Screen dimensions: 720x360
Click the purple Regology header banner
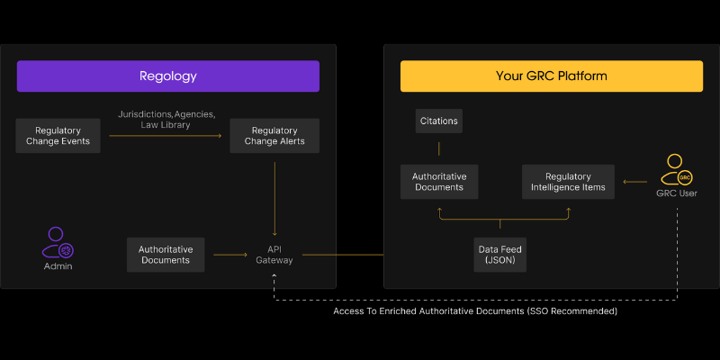tap(168, 76)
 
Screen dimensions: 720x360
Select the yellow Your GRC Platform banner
tap(552, 76)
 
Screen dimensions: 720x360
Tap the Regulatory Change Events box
tap(58, 136)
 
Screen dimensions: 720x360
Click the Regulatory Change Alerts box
tap(274, 136)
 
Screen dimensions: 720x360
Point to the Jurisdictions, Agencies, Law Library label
tap(166, 119)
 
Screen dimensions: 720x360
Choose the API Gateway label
tap(274, 255)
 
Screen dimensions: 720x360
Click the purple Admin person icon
tap(58, 242)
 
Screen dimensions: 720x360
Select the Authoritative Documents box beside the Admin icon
tap(166, 255)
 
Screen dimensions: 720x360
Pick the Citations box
tap(439, 121)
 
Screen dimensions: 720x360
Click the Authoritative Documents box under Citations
tap(439, 182)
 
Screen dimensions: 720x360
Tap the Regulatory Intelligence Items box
tap(568, 182)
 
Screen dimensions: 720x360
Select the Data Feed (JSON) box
tap(500, 255)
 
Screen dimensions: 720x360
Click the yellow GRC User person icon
tap(677, 170)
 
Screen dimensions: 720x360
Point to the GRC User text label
tap(677, 193)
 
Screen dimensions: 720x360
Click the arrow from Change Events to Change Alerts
tap(166, 136)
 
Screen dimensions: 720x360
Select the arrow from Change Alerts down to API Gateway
tap(274, 199)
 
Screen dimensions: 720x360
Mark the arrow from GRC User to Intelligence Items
tap(635, 182)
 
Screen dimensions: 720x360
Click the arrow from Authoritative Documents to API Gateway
tap(230, 255)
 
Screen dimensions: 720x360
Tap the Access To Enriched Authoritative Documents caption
tap(475, 311)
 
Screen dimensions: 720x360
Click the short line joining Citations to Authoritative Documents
tap(439, 148)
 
